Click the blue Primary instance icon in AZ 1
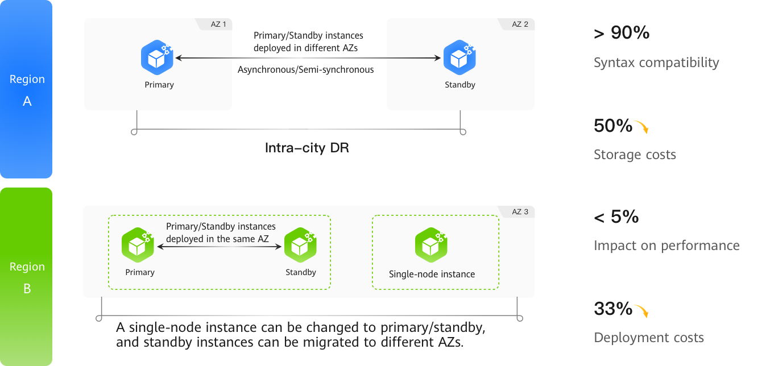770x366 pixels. click(157, 57)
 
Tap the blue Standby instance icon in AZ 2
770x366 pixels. click(459, 57)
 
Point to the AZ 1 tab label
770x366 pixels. click(218, 24)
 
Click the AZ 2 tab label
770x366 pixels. click(520, 24)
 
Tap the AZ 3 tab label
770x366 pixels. click(520, 212)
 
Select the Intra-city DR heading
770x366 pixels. click(307, 148)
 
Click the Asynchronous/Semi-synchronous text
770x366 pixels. click(306, 69)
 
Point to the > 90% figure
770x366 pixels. click(622, 33)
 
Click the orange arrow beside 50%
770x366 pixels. click(642, 127)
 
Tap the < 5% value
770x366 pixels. click(616, 217)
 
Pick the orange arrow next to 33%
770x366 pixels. click(642, 311)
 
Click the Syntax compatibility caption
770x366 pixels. click(656, 63)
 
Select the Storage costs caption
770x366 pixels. click(635, 155)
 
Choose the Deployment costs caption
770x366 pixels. click(649, 338)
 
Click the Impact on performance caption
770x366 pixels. click(666, 246)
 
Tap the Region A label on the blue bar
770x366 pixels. click(27, 90)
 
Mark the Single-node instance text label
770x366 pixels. click(432, 274)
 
